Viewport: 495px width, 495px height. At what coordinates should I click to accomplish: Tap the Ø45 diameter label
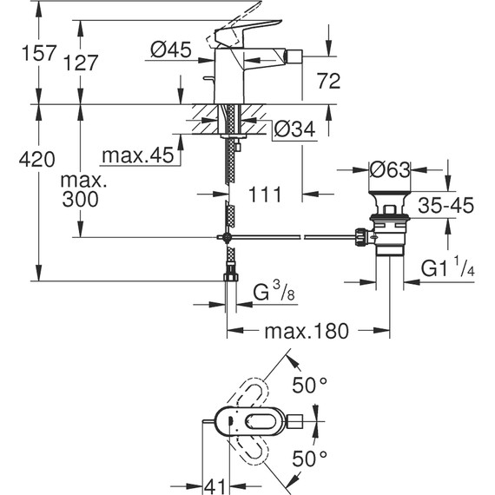[169, 52]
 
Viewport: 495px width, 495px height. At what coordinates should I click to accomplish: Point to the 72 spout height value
[329, 82]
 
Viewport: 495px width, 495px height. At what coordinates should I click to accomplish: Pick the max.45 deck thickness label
[137, 156]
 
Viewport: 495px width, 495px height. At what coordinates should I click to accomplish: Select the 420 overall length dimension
[19, 160]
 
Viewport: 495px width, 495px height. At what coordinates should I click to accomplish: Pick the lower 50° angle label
[309, 457]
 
